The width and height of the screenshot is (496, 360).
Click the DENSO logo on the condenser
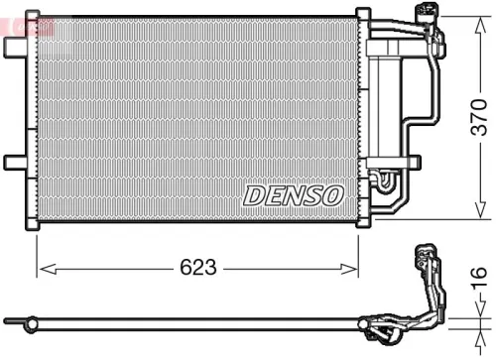(293, 195)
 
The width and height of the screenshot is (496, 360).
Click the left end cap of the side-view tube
(9, 321)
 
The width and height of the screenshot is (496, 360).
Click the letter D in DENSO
(254, 195)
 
